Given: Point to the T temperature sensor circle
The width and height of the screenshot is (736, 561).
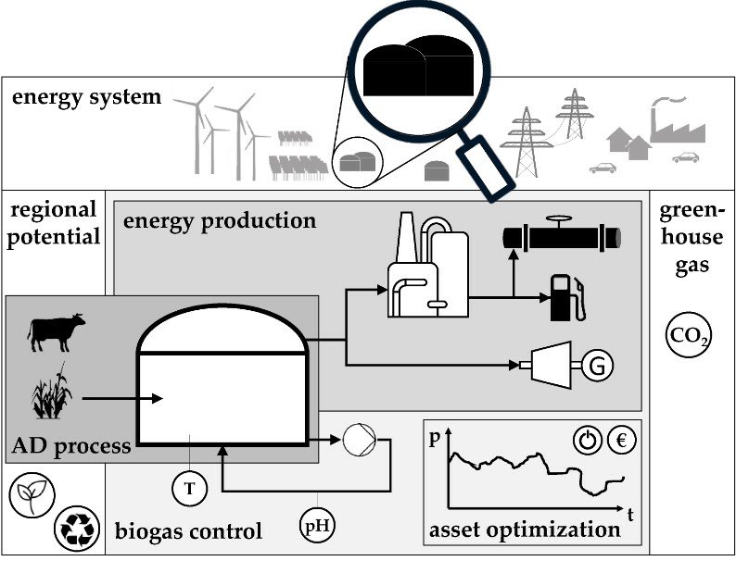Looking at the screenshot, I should (x=189, y=487).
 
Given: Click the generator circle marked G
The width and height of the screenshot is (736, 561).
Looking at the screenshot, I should (x=596, y=367).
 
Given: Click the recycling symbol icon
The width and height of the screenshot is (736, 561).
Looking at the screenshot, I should (x=73, y=527).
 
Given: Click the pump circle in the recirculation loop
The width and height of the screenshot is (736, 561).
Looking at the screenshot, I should (x=356, y=440).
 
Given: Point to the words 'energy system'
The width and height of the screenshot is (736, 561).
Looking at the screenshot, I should (x=86, y=97).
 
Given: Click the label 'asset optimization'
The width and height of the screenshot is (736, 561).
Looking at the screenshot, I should (x=524, y=530).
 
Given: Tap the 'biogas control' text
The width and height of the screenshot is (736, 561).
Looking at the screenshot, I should (x=188, y=531).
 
